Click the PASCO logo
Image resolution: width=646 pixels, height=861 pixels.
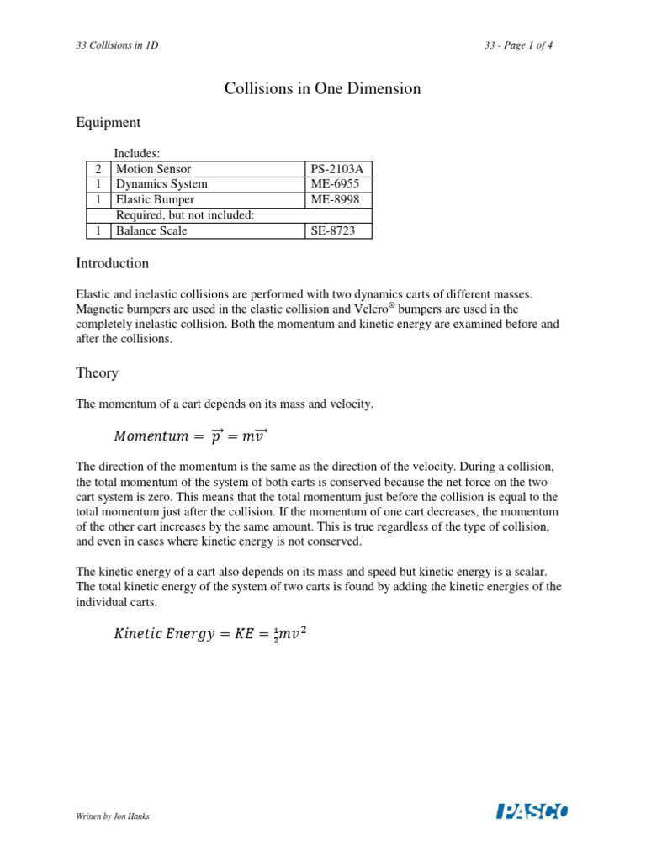[532, 811]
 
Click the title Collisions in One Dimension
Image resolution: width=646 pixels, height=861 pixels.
[322, 88]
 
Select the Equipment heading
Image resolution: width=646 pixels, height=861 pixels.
[108, 123]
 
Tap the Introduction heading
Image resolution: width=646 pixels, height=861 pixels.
[112, 263]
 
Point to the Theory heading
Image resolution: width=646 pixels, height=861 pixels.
[97, 372]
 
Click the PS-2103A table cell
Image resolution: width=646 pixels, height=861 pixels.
[336, 169]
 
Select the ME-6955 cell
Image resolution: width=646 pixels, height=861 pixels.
[336, 184]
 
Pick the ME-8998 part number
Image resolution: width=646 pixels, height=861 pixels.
[336, 199]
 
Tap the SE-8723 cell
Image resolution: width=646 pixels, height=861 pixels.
[336, 230]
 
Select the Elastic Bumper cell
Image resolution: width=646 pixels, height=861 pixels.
[155, 199]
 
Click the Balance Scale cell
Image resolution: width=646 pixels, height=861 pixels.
[151, 230]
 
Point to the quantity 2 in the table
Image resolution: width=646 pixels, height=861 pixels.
[98, 169]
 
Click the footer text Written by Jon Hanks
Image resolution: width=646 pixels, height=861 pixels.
[113, 816]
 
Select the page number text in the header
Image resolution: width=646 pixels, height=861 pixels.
[513, 45]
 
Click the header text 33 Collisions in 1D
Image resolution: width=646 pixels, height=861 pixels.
[117, 45]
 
